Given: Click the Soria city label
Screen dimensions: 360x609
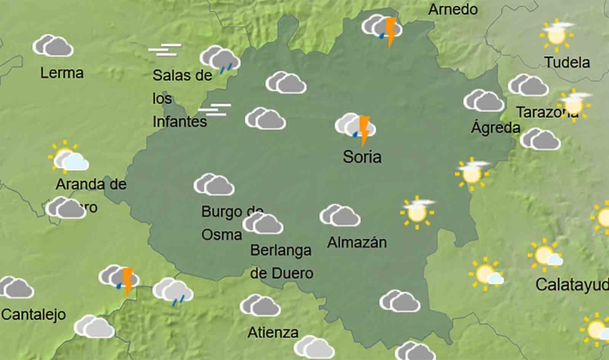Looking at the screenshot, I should tap(361, 158).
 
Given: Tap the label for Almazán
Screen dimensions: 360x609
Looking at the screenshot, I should tap(357, 242).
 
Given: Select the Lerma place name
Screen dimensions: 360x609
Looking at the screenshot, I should tap(61, 73).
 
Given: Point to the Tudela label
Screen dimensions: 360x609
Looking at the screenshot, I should tap(566, 62).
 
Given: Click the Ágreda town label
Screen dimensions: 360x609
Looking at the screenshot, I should tap(496, 128).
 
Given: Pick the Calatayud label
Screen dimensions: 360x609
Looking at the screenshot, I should tap(571, 284).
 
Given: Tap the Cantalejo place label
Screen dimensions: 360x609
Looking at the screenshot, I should tap(33, 315).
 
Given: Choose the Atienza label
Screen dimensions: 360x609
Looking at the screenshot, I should tap(274, 332).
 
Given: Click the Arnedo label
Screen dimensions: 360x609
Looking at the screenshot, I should tap(453, 9).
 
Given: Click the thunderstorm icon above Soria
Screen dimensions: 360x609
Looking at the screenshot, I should tap(357, 129).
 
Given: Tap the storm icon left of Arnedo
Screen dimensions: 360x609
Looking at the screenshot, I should tap(382, 30).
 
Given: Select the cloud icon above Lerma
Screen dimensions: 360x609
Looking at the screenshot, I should tap(53, 46).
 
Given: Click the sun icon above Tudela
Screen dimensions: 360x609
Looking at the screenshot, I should tap(557, 34).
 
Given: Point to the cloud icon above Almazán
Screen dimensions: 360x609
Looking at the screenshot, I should tap(339, 216).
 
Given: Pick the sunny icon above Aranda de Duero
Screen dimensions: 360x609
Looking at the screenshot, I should tap(68, 158).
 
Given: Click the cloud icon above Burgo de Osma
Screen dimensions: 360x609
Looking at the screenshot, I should tap(214, 184).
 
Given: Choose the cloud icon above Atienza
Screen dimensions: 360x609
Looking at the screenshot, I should tap(260, 305).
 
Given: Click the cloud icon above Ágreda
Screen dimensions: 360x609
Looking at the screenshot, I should tap(484, 101).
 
